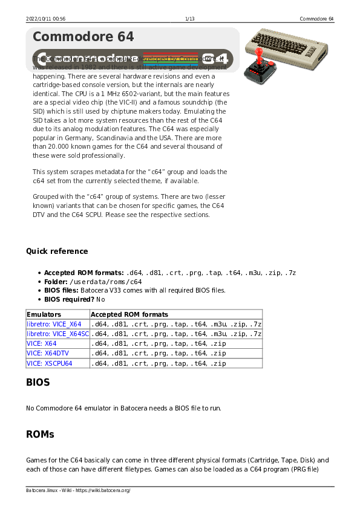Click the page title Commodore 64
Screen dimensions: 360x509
pos(83,37)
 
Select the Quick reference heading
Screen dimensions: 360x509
pos(57,251)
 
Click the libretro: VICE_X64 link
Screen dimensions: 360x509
pos(54,324)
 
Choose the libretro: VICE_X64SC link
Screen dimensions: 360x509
pos(57,334)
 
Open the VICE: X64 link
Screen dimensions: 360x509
pos(42,343)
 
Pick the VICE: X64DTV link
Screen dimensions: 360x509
pos(47,353)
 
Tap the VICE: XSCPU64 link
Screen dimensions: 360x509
pos(50,363)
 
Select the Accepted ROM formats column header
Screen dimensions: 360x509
pos(129,314)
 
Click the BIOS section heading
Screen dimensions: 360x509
pos(38,383)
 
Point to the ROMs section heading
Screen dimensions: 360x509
pos(40,434)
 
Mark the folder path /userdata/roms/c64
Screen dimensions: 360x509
pos(106,282)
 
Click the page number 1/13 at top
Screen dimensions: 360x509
pos(190,19)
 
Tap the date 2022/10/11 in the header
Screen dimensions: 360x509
pos(39,19)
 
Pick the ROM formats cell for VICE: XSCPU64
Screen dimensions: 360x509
pos(159,363)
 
